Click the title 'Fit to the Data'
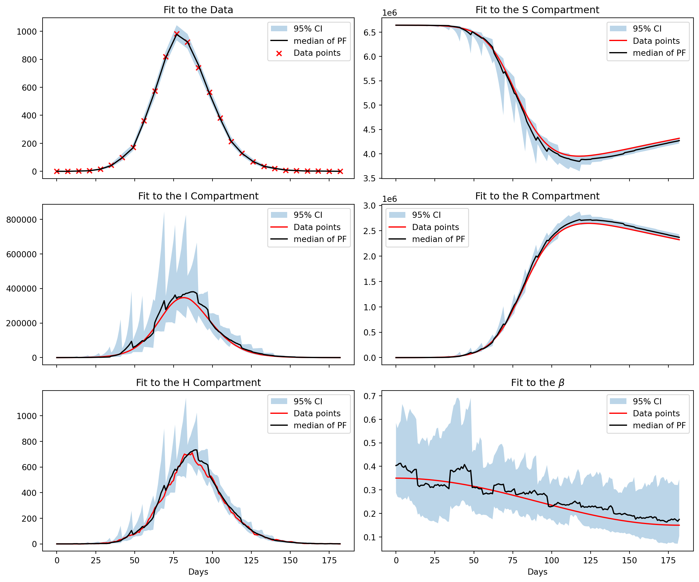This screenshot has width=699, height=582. [198, 10]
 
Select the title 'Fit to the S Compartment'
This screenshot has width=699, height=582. [537, 10]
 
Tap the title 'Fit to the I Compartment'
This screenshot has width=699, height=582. [198, 196]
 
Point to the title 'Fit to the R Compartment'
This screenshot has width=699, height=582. [537, 196]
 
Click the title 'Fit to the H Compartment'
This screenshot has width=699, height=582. [198, 383]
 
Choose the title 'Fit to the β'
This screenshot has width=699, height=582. [537, 383]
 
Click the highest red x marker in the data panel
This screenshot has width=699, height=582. [177, 34]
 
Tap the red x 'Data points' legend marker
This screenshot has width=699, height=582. [279, 53]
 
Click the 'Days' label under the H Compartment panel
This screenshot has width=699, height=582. [198, 572]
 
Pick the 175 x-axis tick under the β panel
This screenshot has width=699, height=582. [668, 560]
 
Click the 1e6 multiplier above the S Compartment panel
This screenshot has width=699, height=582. [389, 13]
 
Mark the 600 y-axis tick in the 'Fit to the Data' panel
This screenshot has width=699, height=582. [30, 88]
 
